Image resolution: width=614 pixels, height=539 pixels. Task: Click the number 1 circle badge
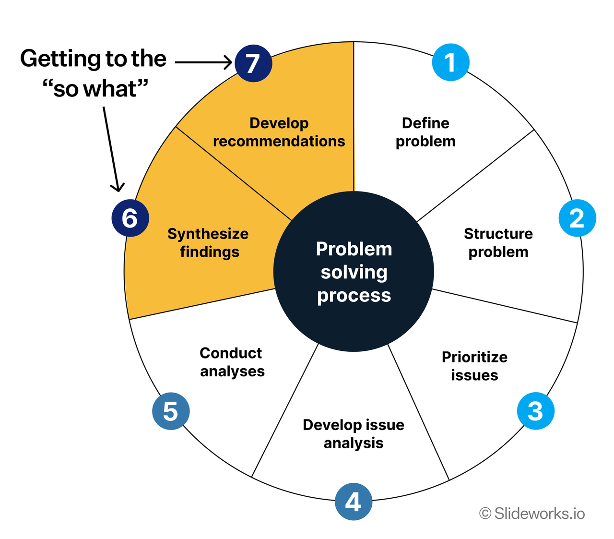(x=450, y=62)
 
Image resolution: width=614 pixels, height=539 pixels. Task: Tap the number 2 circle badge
(x=577, y=218)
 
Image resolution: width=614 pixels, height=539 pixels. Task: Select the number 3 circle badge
(x=535, y=411)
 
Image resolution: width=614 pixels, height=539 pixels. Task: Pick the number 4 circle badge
(x=354, y=502)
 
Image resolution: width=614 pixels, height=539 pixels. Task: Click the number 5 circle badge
(x=171, y=411)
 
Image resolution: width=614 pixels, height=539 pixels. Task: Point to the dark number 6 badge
(x=130, y=218)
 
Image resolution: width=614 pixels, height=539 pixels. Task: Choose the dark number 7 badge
(x=253, y=63)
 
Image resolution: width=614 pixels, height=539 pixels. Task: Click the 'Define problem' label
(x=425, y=132)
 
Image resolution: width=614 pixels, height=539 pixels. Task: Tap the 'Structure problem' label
(x=498, y=243)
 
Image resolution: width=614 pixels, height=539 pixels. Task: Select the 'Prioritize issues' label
(x=474, y=366)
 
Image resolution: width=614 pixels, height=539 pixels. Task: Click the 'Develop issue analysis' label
(x=354, y=434)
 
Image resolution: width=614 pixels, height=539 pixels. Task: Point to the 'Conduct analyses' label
(x=232, y=362)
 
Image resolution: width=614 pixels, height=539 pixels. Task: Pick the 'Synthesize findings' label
(x=208, y=243)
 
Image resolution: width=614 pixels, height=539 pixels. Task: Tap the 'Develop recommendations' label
(x=279, y=132)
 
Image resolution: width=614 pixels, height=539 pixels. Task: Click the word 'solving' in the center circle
(x=354, y=272)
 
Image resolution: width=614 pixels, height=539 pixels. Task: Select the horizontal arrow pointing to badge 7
(x=203, y=62)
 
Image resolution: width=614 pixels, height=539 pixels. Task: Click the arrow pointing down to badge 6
(x=112, y=149)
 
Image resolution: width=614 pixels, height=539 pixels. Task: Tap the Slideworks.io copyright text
(x=532, y=514)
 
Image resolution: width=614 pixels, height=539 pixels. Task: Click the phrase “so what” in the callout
(x=95, y=89)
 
